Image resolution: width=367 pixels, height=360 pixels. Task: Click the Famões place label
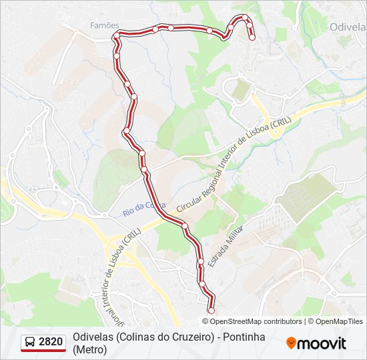click(104, 25)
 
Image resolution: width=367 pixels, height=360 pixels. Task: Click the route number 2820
click(51, 342)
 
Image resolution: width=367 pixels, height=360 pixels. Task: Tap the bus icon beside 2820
click(30, 343)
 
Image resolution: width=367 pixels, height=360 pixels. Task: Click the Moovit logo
click(316, 343)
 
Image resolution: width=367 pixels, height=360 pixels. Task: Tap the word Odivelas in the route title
click(93, 337)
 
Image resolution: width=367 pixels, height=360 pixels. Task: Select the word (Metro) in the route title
click(90, 349)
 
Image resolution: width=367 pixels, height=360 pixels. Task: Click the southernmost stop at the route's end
click(212, 310)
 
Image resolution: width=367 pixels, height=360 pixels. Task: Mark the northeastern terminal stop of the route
click(252, 38)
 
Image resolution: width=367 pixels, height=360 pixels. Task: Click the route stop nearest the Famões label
click(116, 35)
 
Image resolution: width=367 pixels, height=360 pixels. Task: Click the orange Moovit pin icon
click(291, 343)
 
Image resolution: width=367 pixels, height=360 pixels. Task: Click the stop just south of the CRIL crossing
click(186, 226)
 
